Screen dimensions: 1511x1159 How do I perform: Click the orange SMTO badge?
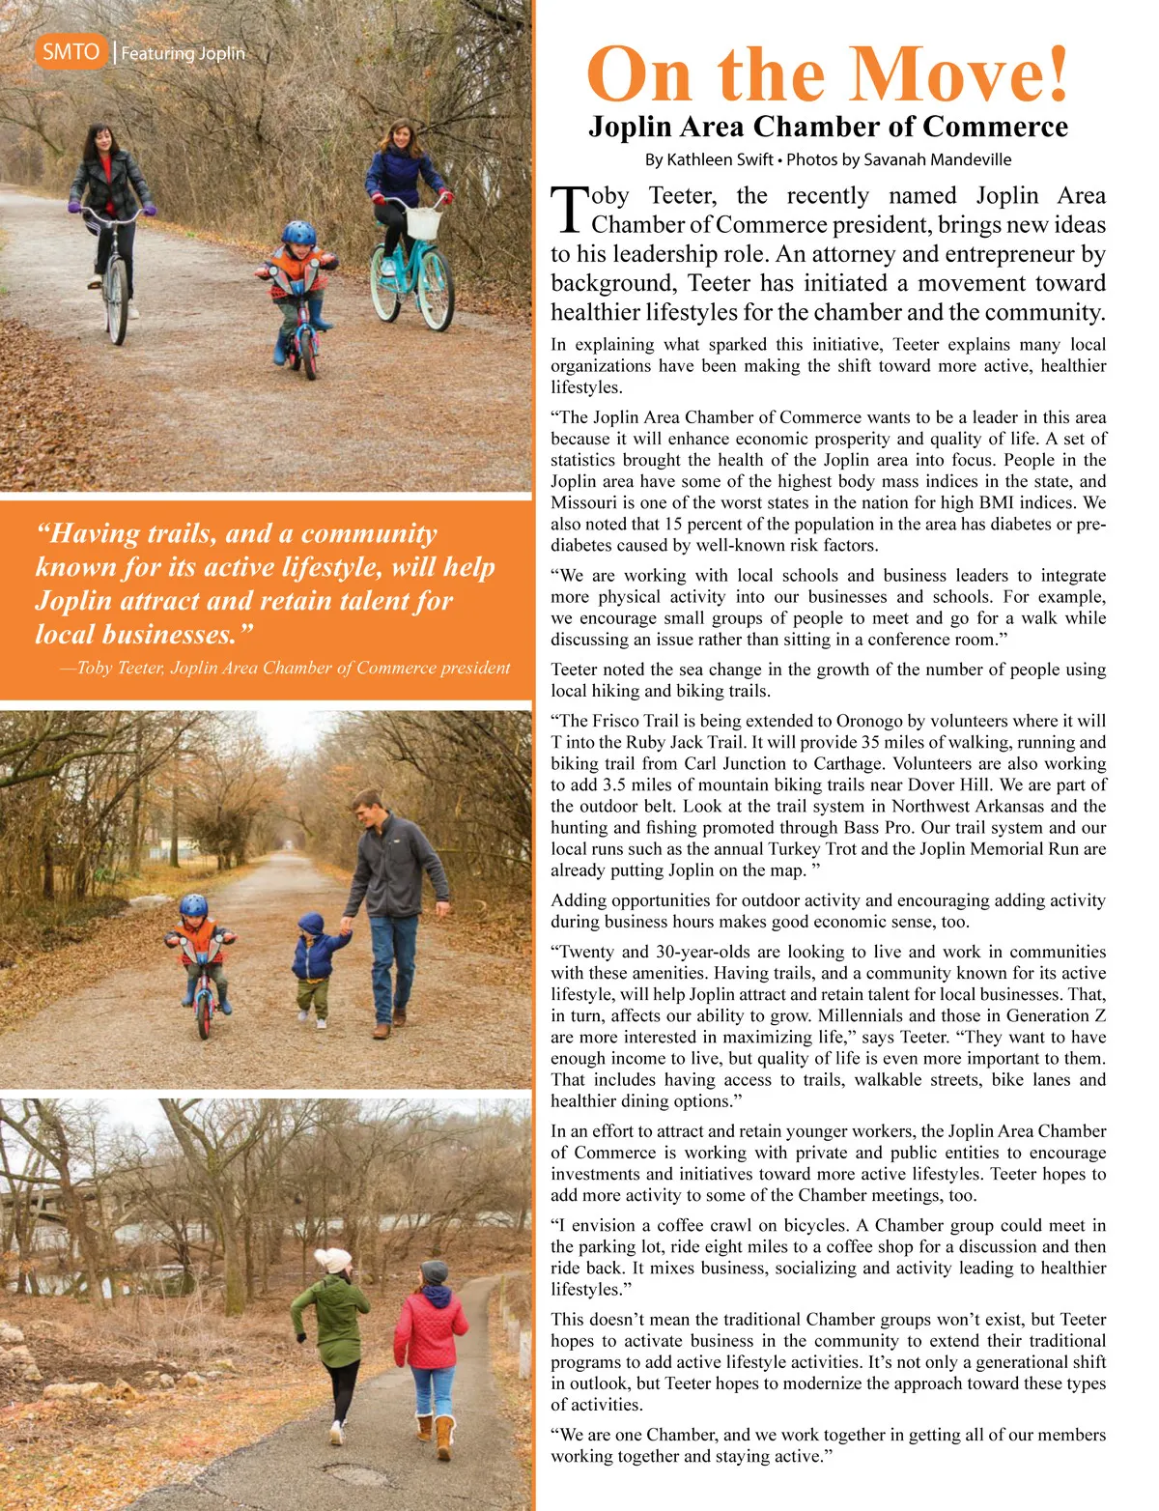71,51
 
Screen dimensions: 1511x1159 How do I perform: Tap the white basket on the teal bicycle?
423,221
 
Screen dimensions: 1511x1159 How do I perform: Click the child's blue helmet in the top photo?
299,233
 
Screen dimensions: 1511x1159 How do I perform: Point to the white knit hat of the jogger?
335,1260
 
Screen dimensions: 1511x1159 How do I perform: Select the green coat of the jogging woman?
331,1319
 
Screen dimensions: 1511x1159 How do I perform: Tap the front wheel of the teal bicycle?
437,290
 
